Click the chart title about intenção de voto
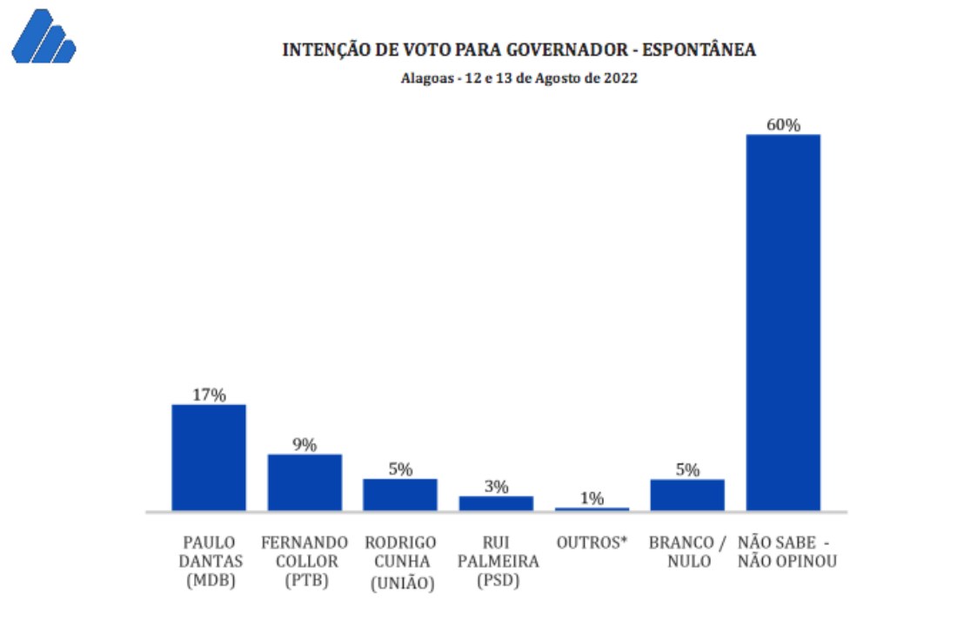(x=519, y=50)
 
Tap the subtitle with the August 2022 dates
(x=519, y=78)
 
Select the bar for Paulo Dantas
(x=209, y=457)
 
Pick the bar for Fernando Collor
(x=304, y=483)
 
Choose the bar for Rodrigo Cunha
(x=400, y=495)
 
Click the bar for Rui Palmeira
(x=496, y=503)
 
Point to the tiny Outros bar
(x=592, y=509)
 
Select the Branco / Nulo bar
(x=687, y=495)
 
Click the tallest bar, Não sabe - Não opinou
(x=783, y=322)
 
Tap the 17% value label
(x=209, y=396)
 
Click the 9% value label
(x=304, y=445)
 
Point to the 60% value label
(x=783, y=125)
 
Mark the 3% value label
(x=496, y=487)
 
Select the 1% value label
(x=592, y=498)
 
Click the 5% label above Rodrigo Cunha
(x=400, y=469)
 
